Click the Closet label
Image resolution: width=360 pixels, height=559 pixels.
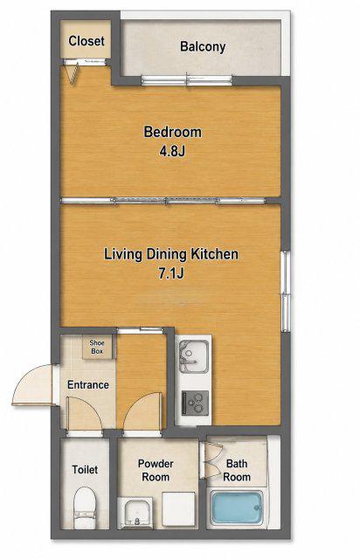pos(87,41)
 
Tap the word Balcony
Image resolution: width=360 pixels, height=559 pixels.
pos(203,46)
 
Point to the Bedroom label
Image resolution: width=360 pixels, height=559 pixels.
pos(173,132)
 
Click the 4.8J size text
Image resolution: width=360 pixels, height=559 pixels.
pos(172,151)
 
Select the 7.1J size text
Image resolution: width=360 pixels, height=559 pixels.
pos(171,273)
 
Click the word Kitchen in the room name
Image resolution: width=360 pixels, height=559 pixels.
pos(215,254)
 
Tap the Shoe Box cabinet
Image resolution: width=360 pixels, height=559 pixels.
pos(97,347)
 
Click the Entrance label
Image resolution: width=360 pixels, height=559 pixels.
pos(88,384)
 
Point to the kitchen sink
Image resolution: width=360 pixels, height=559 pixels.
pos(194,356)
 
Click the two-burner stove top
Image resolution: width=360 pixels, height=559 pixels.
pos(195,403)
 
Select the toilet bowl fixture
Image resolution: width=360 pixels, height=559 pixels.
pos(85,507)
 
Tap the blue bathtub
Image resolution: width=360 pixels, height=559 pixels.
pos(237,508)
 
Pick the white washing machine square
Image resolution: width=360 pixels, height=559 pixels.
pos(179,508)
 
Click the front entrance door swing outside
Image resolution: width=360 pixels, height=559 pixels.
pos(33,384)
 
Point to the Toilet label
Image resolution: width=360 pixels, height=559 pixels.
pos(85,470)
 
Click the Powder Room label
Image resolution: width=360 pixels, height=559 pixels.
pos(156,470)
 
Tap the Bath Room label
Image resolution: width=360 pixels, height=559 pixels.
pos(237,470)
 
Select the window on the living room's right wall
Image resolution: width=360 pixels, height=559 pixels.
pos(286,291)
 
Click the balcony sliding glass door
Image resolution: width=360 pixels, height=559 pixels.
pos(187,80)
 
